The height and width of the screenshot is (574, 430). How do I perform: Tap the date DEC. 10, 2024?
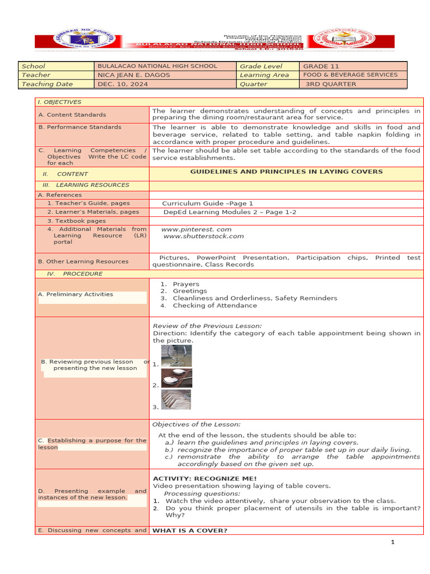pyautogui.click(x=121, y=84)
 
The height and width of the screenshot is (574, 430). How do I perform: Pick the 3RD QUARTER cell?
pyautogui.click(x=331, y=84)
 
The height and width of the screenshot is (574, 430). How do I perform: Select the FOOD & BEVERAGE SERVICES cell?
pyautogui.click(x=350, y=75)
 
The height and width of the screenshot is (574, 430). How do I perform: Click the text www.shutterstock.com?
pyautogui.click(x=203, y=236)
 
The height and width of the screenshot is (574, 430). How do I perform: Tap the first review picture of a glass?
pyautogui.click(x=176, y=356)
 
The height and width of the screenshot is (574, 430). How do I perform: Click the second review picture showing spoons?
pyautogui.click(x=176, y=378)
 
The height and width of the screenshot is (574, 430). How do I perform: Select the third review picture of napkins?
pyautogui.click(x=176, y=400)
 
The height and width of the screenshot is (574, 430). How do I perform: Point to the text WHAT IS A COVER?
pyautogui.click(x=190, y=530)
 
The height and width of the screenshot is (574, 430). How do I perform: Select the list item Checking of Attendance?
pyautogui.click(x=214, y=305)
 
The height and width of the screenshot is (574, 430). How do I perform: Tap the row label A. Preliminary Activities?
pyautogui.click(x=76, y=294)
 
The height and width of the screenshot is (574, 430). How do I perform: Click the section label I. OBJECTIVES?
pyautogui.click(x=59, y=102)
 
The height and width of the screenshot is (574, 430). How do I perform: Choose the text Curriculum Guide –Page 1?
pyautogui.click(x=207, y=203)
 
